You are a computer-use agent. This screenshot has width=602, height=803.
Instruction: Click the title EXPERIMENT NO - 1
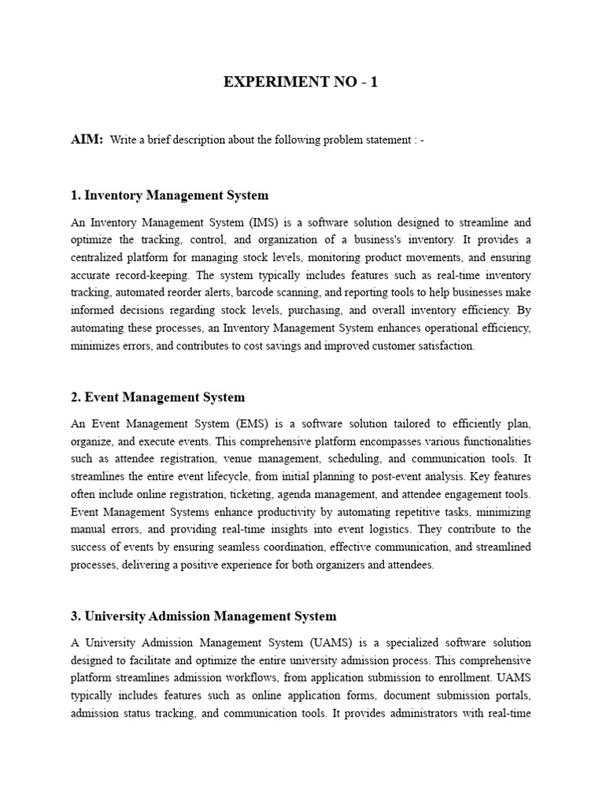(301, 82)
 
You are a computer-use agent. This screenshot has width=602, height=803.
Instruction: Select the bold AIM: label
(86, 139)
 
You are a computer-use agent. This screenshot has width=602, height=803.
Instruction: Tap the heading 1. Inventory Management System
(169, 195)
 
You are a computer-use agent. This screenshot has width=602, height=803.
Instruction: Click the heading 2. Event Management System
(158, 398)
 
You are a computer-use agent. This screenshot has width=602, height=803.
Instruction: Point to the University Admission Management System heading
(203, 616)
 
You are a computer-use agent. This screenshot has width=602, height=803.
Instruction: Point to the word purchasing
(342, 311)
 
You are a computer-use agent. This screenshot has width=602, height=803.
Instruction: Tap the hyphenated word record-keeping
(147, 275)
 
